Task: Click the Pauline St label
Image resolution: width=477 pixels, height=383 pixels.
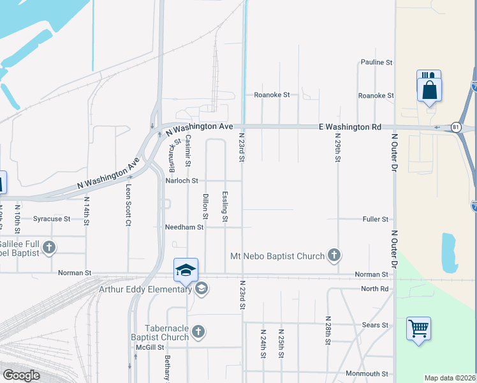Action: coord(376,63)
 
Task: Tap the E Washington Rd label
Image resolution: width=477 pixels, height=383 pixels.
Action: coord(349,127)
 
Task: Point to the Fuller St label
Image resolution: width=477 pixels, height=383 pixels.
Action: coord(376,219)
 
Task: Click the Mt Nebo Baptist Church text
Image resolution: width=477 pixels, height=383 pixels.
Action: coord(277,256)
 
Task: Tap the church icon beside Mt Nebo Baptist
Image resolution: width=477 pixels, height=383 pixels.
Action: coord(334,256)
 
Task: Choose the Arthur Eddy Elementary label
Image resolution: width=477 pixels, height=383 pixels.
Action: coord(145,289)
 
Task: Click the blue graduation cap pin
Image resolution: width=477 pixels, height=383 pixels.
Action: coord(186,270)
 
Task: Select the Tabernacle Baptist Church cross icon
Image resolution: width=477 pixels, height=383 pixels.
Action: coord(198,331)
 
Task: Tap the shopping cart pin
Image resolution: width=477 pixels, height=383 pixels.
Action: coord(418,329)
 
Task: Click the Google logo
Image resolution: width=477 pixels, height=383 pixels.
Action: coord(21,375)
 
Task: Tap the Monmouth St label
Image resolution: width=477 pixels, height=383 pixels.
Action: coord(367,373)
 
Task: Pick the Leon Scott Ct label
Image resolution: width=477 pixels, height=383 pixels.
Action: coord(128,197)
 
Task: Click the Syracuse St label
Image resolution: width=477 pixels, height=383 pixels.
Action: coord(52,219)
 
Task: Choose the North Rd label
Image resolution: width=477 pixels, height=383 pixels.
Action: coord(374,289)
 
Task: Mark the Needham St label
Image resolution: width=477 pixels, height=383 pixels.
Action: coord(184,227)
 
